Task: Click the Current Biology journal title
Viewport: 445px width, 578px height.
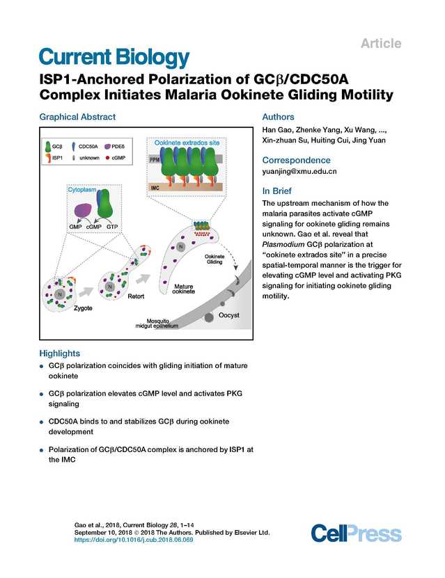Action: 113,57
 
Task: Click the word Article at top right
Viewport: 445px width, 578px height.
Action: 381,44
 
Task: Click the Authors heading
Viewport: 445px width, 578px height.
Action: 277,117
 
